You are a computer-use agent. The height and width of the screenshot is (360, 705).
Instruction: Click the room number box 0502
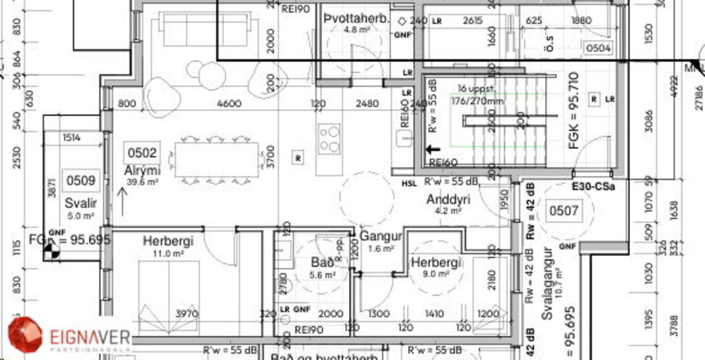click(142, 153)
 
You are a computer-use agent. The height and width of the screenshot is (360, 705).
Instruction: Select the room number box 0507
click(564, 212)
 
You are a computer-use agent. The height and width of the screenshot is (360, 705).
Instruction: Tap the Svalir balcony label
click(79, 203)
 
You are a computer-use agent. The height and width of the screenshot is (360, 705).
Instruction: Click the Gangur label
click(381, 236)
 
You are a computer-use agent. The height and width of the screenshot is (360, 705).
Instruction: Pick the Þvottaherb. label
click(357, 18)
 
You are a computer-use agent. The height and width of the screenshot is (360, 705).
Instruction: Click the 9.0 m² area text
click(435, 274)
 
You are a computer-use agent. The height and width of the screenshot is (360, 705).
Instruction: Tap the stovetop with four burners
click(329, 137)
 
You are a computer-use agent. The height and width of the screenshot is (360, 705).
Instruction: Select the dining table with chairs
click(217, 159)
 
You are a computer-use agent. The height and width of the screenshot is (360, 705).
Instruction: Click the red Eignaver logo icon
click(25, 335)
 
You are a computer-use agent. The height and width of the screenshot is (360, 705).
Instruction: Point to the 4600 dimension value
click(229, 104)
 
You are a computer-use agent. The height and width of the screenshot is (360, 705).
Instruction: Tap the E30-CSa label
click(593, 186)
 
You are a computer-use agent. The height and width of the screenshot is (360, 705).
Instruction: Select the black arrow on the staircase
click(438, 148)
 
